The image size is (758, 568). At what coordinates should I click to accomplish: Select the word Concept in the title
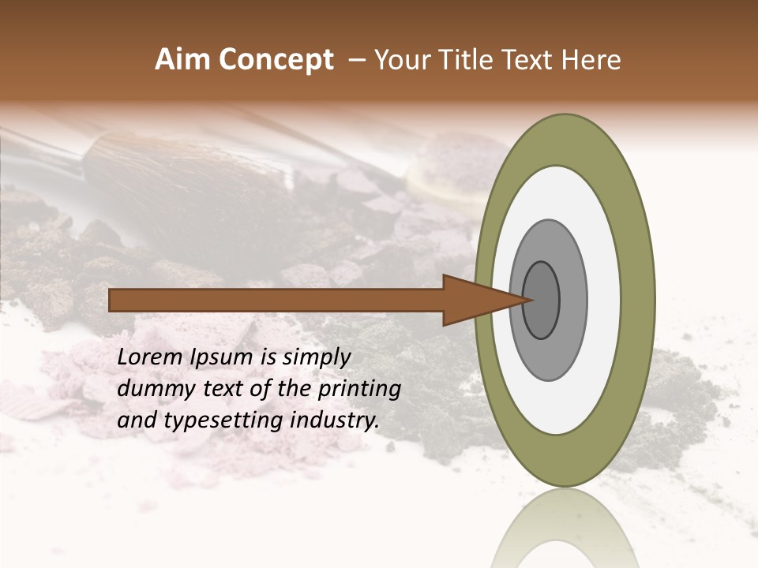(276, 60)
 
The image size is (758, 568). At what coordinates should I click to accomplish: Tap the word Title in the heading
(471, 60)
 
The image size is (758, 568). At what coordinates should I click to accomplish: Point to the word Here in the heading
(591, 60)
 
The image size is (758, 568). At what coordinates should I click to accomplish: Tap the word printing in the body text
(358, 389)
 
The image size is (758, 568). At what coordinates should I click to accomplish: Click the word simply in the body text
(316, 357)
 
